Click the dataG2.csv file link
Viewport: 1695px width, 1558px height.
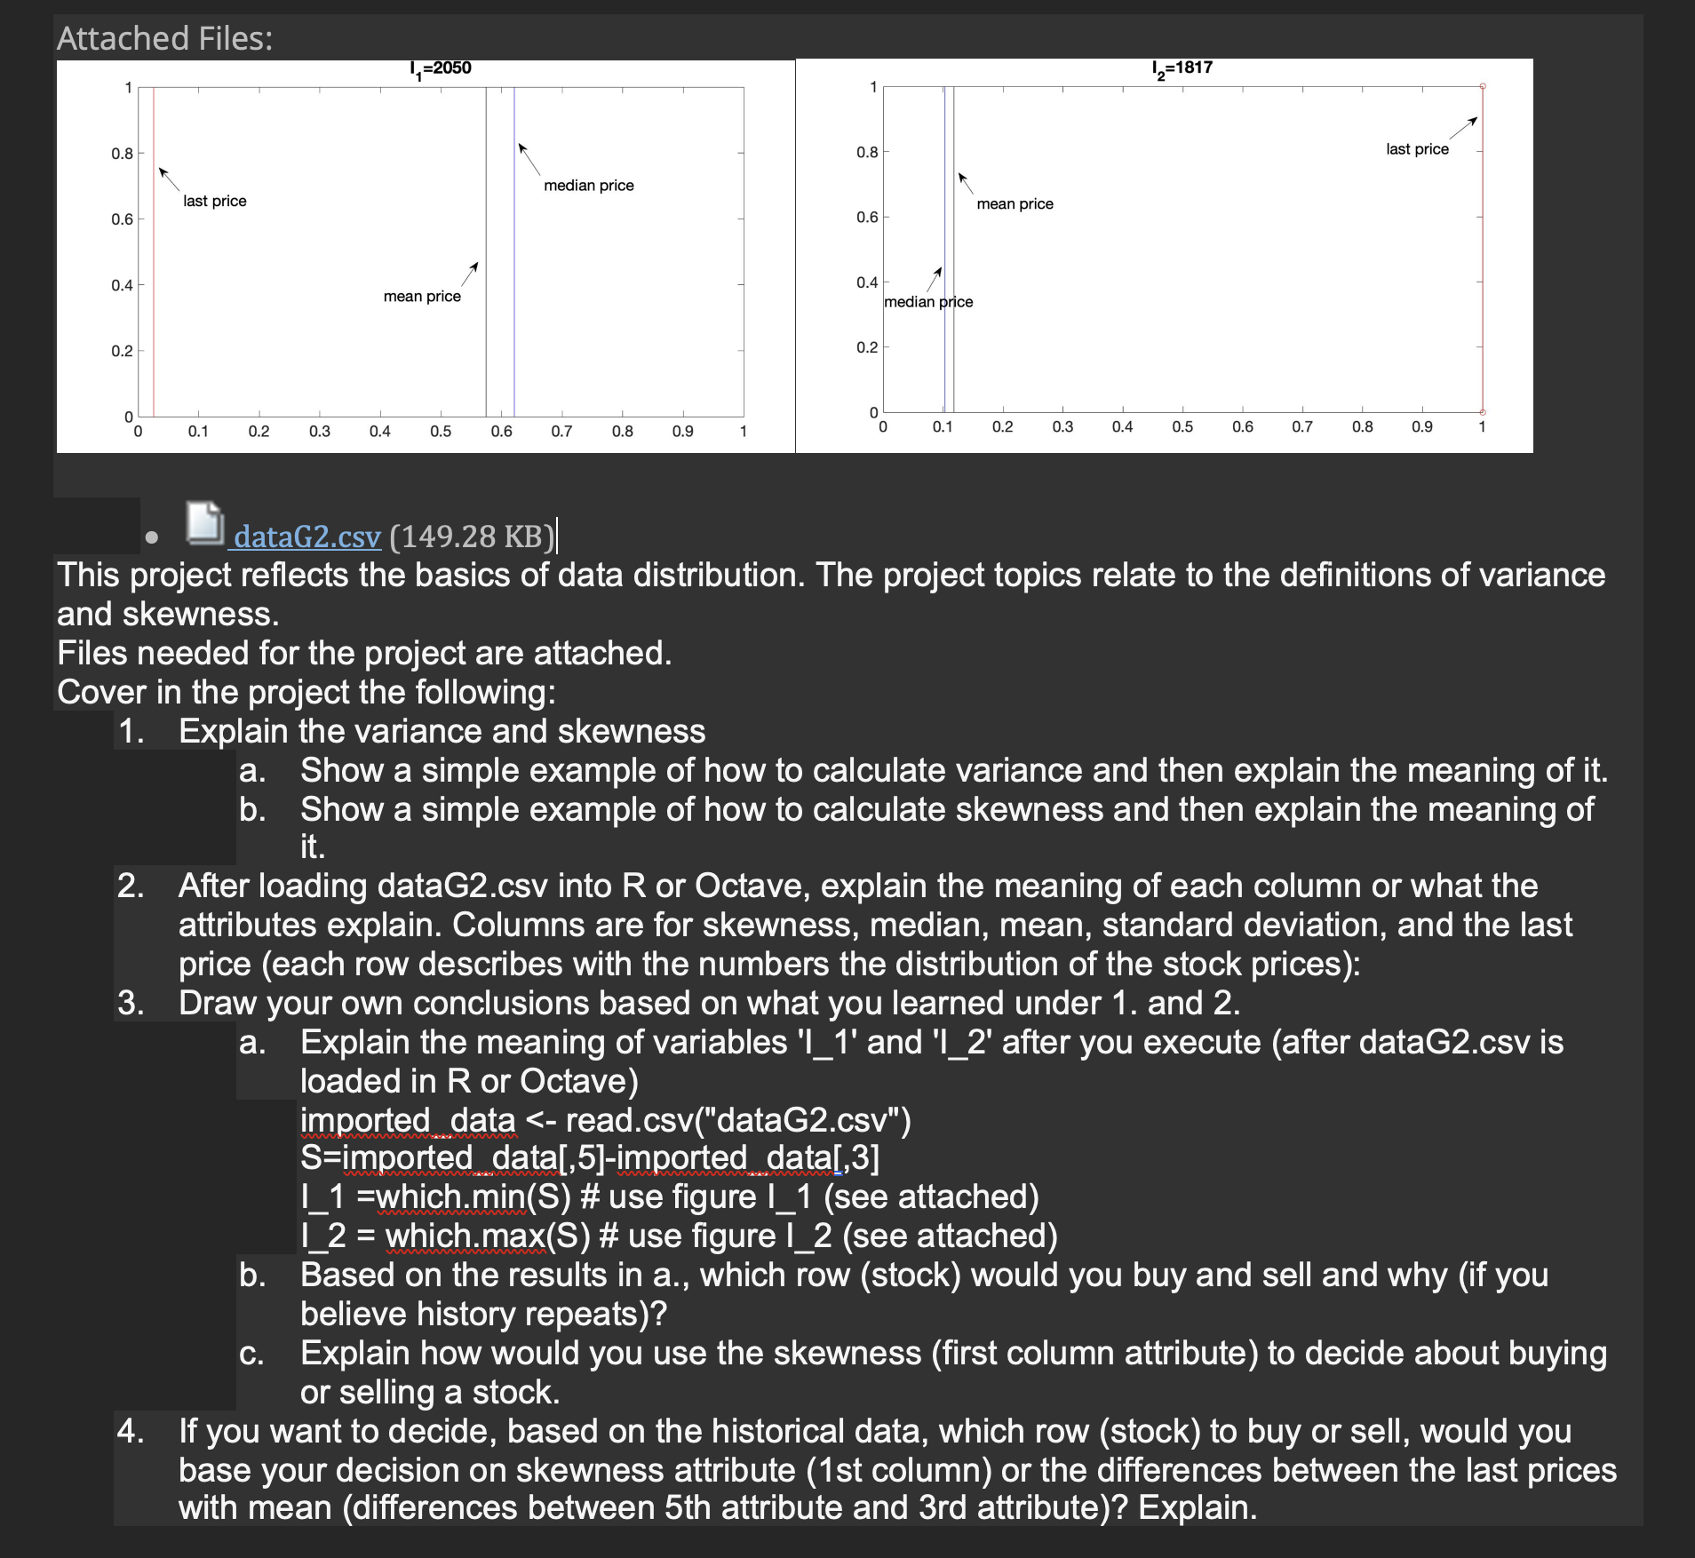[307, 537]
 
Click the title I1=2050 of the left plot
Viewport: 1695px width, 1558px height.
[441, 68]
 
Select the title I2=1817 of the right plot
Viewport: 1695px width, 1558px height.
[1182, 68]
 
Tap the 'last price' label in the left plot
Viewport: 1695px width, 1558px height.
[215, 201]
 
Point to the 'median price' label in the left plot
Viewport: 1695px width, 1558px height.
[589, 186]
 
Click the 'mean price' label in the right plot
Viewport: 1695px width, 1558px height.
[1015, 204]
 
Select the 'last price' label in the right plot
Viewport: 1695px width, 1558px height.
[1417, 149]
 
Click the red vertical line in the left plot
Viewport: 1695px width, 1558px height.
[154, 266]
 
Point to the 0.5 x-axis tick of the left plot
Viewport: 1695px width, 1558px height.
[441, 432]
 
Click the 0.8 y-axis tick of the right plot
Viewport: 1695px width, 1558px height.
[867, 152]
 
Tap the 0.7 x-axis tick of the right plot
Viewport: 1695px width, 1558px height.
[1302, 427]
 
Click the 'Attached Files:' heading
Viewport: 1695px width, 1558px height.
[165, 38]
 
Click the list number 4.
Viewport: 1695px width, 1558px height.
[130, 1432]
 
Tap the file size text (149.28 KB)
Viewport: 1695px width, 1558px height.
[472, 537]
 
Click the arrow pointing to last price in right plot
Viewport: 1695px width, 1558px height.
[1463, 128]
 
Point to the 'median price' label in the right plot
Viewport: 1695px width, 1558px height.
[928, 302]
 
